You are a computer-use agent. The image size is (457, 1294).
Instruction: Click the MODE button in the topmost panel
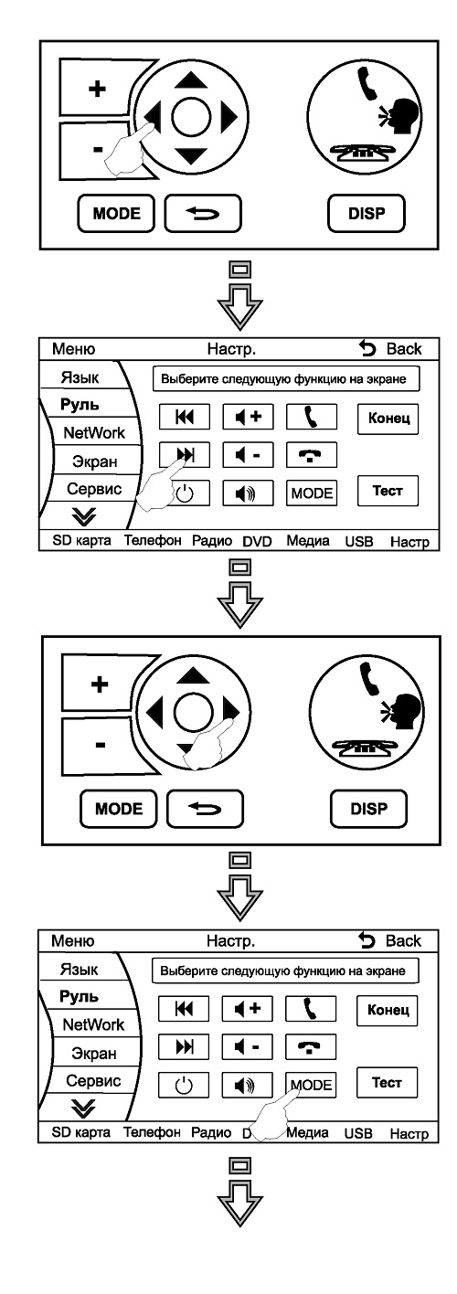[116, 213]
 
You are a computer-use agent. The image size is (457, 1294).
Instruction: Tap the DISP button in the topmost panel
[367, 213]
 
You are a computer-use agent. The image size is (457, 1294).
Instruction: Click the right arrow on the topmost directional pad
[228, 117]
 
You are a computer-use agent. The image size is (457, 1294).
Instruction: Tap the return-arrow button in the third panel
[205, 808]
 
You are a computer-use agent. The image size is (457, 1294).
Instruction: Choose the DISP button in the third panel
[368, 808]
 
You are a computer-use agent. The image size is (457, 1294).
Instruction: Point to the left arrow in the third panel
[154, 712]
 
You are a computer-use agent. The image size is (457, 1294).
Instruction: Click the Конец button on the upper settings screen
[388, 418]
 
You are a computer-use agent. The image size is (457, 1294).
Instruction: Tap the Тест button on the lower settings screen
[388, 1082]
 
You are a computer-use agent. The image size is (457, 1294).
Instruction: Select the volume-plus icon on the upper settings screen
[249, 416]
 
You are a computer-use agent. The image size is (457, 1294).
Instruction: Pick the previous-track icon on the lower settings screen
[184, 1008]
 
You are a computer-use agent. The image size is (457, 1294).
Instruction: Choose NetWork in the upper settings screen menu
[94, 432]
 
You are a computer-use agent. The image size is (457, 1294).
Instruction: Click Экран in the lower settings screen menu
[94, 1053]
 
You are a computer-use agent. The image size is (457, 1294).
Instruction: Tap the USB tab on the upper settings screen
[359, 541]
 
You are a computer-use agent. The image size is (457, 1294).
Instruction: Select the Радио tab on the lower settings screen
[211, 1132]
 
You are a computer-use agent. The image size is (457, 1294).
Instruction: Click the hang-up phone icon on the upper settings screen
[312, 455]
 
